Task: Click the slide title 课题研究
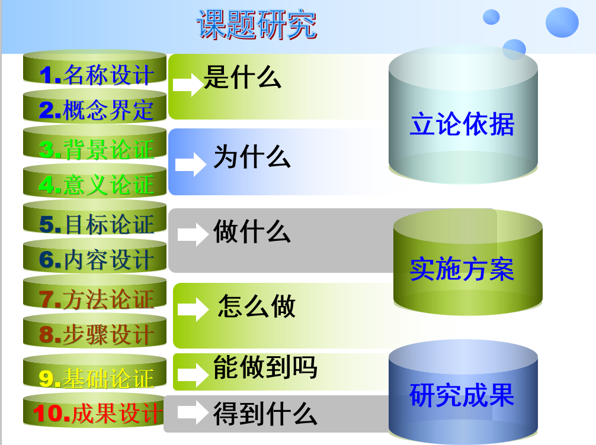(x=257, y=25)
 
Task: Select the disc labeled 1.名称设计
(x=95, y=68)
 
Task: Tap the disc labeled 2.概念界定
(x=95, y=107)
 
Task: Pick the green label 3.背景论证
(x=97, y=149)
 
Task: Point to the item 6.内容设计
(x=95, y=256)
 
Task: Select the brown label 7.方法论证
(x=97, y=299)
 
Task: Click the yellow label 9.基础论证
(x=97, y=379)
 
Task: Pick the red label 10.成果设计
(x=97, y=412)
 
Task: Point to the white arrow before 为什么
(x=190, y=165)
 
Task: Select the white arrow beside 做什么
(x=193, y=234)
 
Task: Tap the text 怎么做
(x=257, y=306)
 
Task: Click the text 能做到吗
(x=265, y=367)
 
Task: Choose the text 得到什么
(x=265, y=414)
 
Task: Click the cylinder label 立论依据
(x=462, y=124)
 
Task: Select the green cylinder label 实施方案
(x=462, y=269)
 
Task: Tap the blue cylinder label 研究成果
(x=462, y=395)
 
